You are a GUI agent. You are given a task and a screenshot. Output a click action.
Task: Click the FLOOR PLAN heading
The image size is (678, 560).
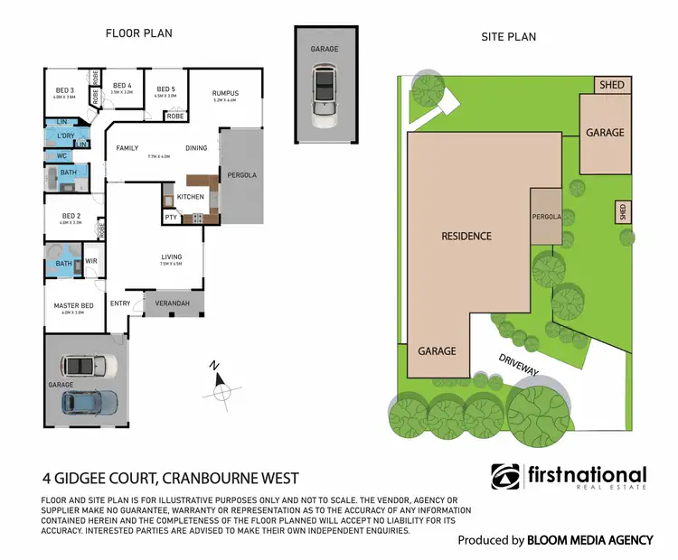pos(138,33)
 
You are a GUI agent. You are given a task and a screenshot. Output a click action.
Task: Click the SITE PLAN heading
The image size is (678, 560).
pos(506,37)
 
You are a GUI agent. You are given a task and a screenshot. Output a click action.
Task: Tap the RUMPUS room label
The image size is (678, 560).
pos(224,93)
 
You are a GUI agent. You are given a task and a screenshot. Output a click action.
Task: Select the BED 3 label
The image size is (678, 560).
pos(65,90)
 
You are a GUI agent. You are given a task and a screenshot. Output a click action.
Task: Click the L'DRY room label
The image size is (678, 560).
pos(65,135)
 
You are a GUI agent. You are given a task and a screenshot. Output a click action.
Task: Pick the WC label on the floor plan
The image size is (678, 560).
pos(61,155)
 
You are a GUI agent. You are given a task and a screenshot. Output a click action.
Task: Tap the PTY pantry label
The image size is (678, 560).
pos(171,218)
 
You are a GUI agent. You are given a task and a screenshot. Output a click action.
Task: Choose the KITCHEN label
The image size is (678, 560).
pos(191,196)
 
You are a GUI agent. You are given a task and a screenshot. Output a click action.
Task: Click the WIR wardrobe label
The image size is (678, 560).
pos(90,262)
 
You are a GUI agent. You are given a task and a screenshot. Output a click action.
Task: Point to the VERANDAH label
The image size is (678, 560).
pos(172,303)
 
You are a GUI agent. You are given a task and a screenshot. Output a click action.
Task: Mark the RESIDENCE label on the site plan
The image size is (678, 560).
pos(466,236)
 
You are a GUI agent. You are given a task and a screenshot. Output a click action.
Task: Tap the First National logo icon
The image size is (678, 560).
pos(505,477)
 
